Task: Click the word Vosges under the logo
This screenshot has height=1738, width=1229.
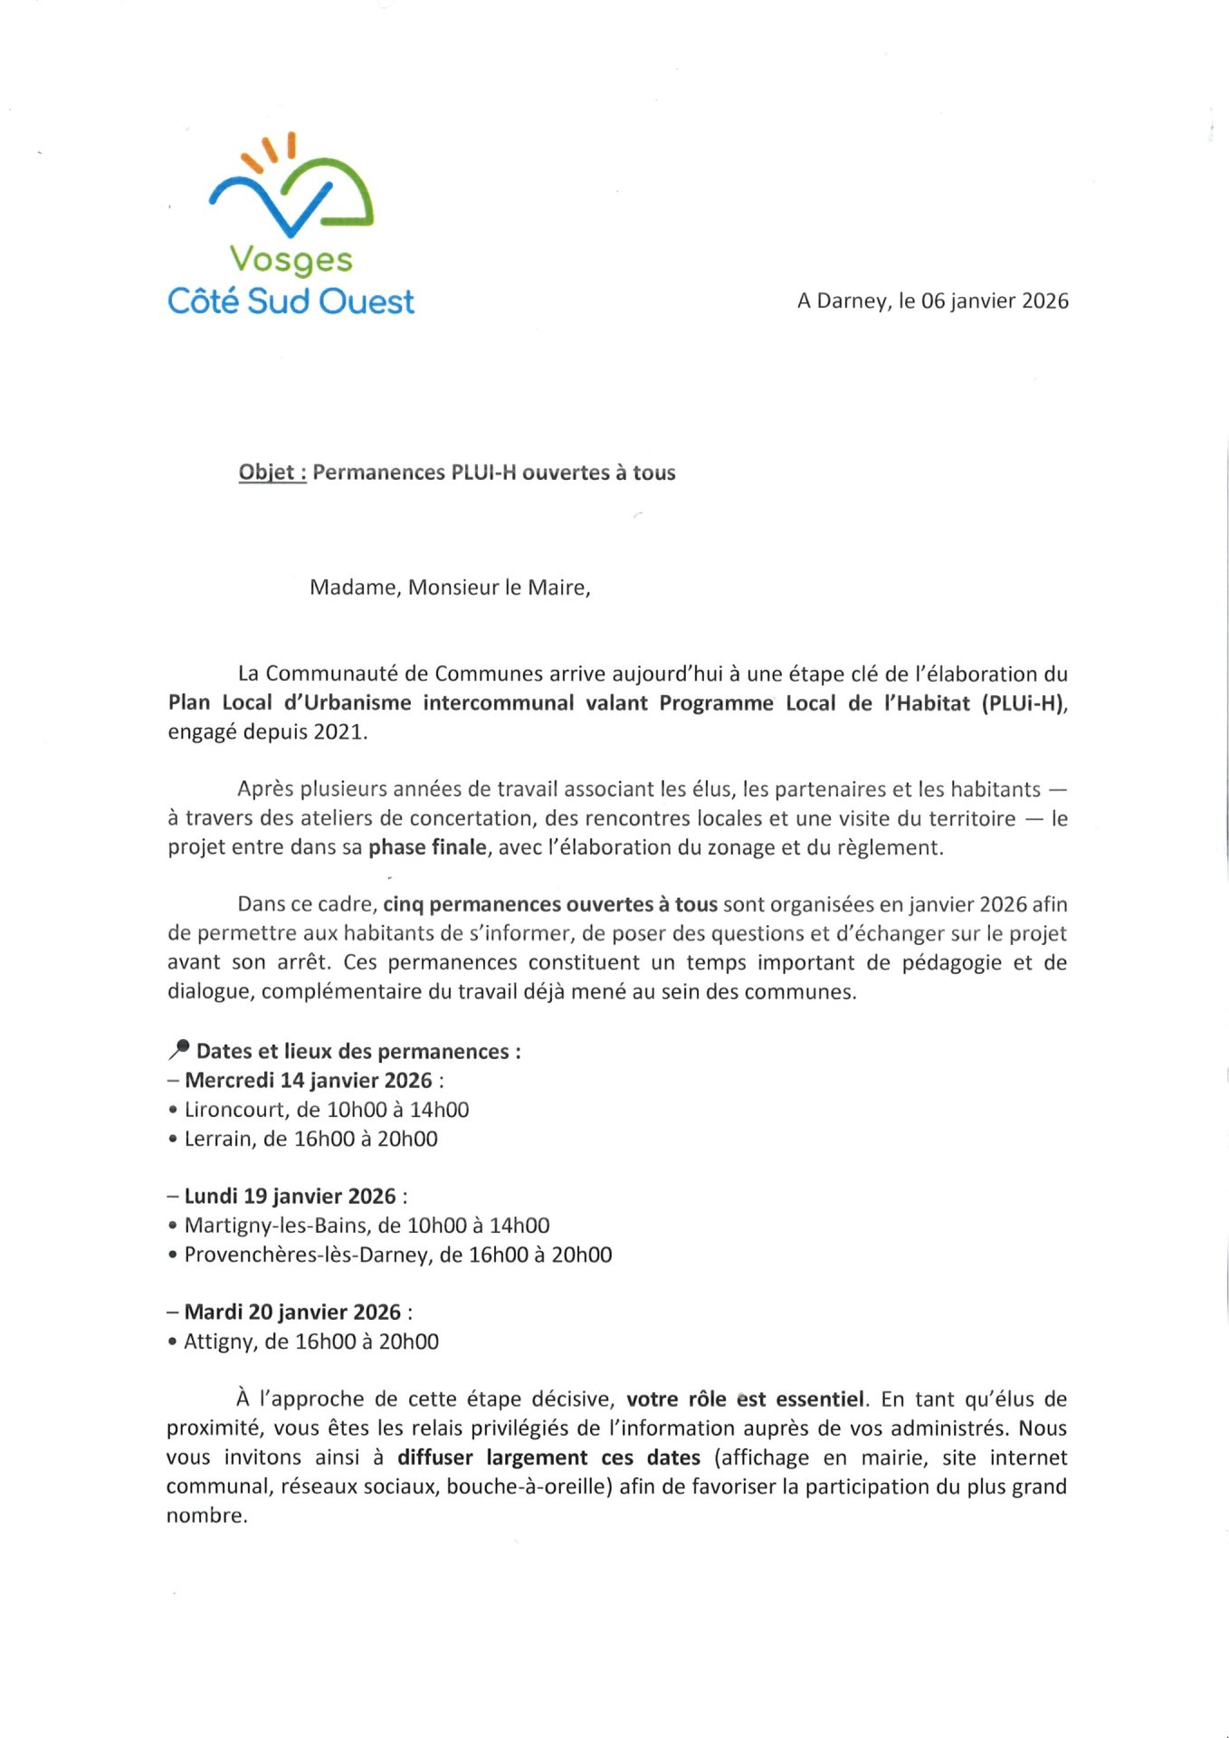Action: point(291,261)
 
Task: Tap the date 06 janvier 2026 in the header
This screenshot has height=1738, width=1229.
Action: point(995,301)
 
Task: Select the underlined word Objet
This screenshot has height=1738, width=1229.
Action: point(267,473)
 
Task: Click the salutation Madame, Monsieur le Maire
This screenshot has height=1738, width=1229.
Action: point(450,587)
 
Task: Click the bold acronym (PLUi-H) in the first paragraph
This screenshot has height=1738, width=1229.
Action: point(1024,703)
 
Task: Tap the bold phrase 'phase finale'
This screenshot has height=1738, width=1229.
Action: point(427,848)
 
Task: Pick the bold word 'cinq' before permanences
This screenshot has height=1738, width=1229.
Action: point(403,904)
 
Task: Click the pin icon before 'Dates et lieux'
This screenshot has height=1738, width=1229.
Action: point(179,1050)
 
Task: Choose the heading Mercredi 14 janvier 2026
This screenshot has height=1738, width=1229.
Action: point(309,1081)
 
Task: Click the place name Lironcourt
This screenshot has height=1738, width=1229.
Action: point(235,1110)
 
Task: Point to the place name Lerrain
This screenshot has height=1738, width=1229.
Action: point(218,1139)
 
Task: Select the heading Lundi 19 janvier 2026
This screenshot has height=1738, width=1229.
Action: point(291,1197)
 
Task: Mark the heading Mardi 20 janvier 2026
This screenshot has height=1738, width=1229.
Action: point(292,1313)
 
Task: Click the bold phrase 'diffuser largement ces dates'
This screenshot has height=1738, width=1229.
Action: point(549,1457)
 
